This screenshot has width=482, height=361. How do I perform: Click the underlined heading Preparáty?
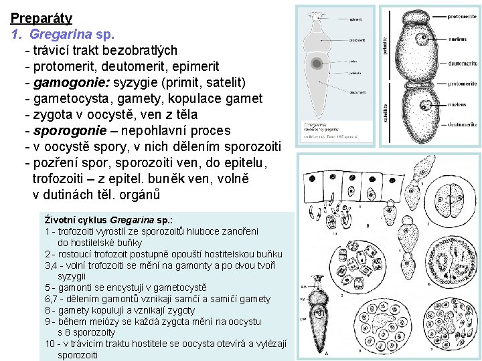tap(42, 18)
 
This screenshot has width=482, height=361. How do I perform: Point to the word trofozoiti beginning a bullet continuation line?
tap(62, 179)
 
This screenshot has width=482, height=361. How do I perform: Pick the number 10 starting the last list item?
tap(50, 344)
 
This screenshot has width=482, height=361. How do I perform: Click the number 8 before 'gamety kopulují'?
tap(48, 310)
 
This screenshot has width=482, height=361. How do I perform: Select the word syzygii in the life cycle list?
tap(72, 276)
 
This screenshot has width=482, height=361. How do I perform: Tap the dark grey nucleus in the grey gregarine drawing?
tap(316, 64)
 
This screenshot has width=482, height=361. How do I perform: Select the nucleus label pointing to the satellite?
tap(457, 104)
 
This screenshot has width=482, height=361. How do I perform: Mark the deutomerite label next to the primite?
tap(463, 62)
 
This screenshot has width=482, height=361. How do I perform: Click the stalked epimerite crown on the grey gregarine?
tap(315, 14)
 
